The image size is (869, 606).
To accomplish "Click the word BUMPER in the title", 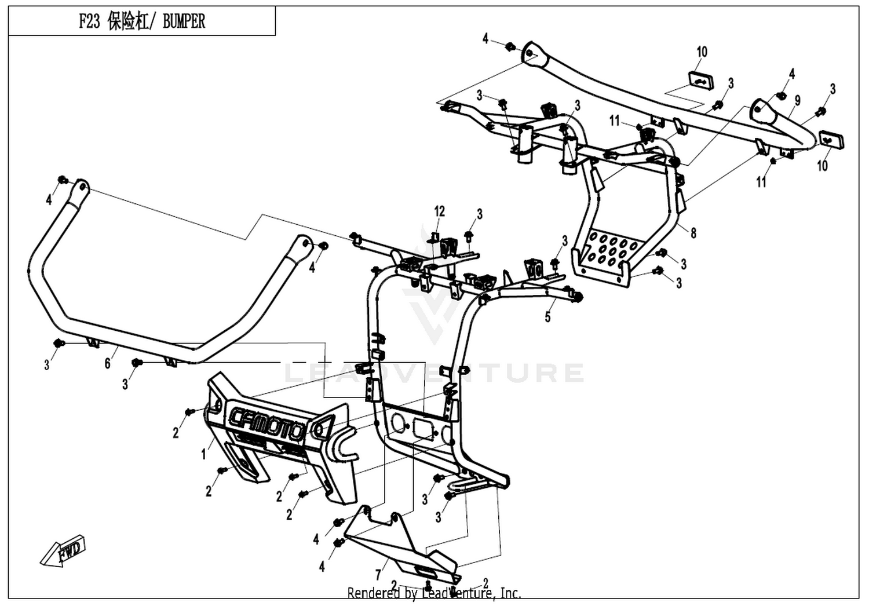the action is pos(184,22).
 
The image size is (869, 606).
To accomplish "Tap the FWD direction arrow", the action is pos(63,552).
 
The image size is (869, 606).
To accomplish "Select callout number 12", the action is pos(439,211).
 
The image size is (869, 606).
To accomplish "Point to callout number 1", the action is pos(203,454).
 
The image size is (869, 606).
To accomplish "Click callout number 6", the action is pos(107,363).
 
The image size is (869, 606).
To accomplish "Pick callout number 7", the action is pos(377,575).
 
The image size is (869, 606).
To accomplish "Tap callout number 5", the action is pos(547,317).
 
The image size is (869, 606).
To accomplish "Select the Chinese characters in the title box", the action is pos(129,22).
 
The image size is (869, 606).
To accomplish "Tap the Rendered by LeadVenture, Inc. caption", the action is pos(434,593).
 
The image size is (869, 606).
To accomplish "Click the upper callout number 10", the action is pos(702,52).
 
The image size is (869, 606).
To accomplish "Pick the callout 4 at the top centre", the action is pos(485,39).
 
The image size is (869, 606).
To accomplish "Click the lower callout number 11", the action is pos(762,181).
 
